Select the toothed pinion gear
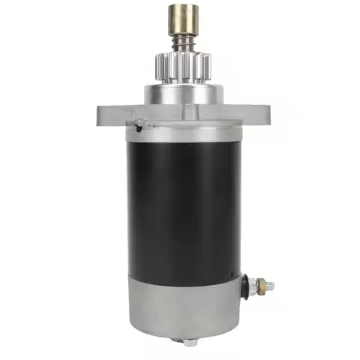tap(179, 63)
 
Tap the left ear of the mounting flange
tap(109, 114)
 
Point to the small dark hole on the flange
tap(139, 128)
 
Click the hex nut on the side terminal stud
tap(259, 284)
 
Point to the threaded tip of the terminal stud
tap(271, 286)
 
